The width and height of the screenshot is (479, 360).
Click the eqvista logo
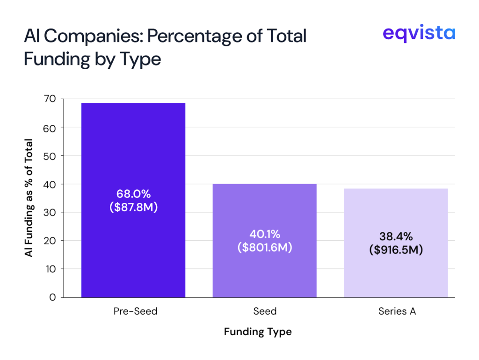point(418,34)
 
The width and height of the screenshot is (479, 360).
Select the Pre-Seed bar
point(133,154)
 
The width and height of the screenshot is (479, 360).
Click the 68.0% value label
point(133,194)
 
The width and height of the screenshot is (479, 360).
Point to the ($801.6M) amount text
point(264,247)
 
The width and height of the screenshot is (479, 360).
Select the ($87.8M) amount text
point(133,207)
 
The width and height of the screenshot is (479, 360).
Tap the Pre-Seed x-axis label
point(135,311)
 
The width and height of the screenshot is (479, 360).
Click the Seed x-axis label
point(265,311)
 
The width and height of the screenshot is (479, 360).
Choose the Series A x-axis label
point(397,311)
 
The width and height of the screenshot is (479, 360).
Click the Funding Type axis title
point(258,332)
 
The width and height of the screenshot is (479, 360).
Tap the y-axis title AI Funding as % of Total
point(29,198)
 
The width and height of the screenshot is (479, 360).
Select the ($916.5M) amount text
point(396,250)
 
